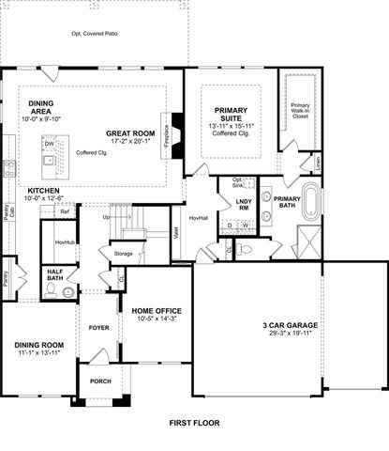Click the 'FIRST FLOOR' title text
(x=194, y=424)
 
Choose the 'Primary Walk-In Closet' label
(x=299, y=112)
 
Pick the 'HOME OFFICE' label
(x=156, y=311)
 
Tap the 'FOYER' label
(x=98, y=328)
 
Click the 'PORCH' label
(x=99, y=381)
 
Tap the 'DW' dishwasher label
(x=49, y=143)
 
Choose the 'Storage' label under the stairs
(x=123, y=254)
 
